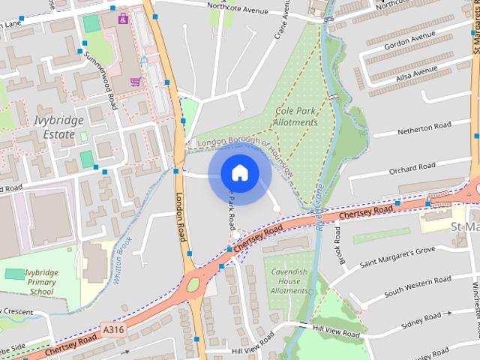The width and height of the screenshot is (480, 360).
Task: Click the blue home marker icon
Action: (239, 173)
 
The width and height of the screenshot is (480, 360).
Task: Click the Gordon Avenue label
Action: (409, 45)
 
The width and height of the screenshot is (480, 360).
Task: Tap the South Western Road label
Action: (417, 286)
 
